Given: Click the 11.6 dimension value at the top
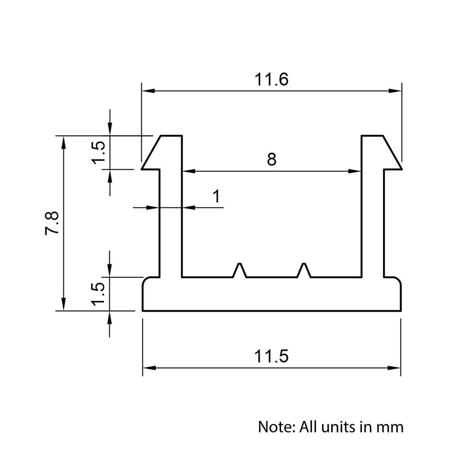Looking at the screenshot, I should click(271, 79).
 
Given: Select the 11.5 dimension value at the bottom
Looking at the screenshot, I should click(271, 357).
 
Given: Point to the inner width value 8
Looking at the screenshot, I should click(271, 159).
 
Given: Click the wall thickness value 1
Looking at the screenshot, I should click(216, 197).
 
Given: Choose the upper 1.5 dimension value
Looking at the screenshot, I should click(99, 152).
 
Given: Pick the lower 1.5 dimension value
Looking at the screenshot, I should click(99, 294).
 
